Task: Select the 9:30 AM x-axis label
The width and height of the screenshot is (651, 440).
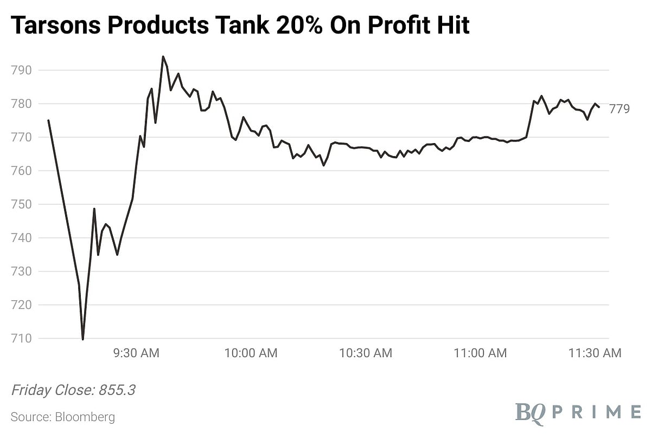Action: click(x=136, y=353)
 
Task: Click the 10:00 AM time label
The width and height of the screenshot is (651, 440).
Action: click(x=251, y=353)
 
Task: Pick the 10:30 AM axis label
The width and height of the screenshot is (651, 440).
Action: click(x=366, y=353)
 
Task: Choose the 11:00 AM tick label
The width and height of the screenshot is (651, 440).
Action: click(x=480, y=353)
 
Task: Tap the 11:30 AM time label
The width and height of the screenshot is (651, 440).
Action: click(x=595, y=353)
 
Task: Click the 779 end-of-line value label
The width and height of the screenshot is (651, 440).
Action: click(x=620, y=109)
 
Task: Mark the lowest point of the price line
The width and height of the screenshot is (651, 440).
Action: click(x=82, y=339)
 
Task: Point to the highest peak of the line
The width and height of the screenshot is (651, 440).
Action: click(x=163, y=56)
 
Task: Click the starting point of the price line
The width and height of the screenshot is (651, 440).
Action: click(x=48, y=120)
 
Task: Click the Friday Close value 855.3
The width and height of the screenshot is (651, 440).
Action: click(x=117, y=391)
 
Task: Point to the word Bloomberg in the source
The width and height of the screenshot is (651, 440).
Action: click(x=84, y=417)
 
